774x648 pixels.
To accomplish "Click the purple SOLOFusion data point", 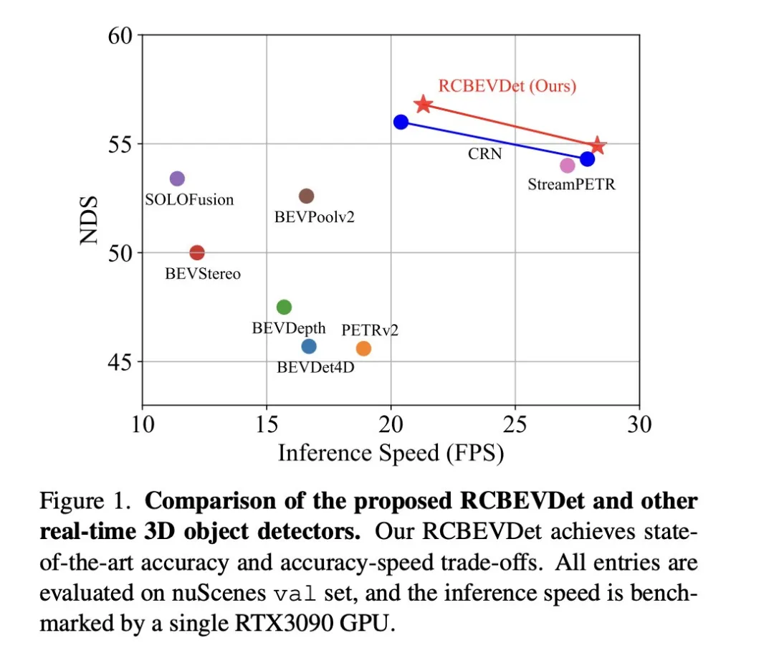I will [177, 178].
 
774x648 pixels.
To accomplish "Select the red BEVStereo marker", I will [197, 253].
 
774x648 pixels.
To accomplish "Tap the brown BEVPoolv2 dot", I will [307, 196].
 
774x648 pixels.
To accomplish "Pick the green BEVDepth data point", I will [284, 307].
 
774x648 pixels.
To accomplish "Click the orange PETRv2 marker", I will [363, 348].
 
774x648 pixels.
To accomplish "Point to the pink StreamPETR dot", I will [568, 166].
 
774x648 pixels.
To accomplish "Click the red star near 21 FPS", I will [424, 105].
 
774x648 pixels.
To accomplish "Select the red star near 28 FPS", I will [598, 147].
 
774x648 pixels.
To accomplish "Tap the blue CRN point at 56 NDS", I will [401, 123].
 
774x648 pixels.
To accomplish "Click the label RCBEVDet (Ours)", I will [507, 87].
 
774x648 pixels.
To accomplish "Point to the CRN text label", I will [485, 153].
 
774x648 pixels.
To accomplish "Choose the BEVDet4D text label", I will [316, 367].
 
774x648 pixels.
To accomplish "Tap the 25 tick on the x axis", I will [515, 425].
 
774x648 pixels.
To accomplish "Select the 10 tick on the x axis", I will [143, 425].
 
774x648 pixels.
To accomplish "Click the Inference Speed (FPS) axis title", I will [391, 453].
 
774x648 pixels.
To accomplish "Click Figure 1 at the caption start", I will [85, 501].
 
